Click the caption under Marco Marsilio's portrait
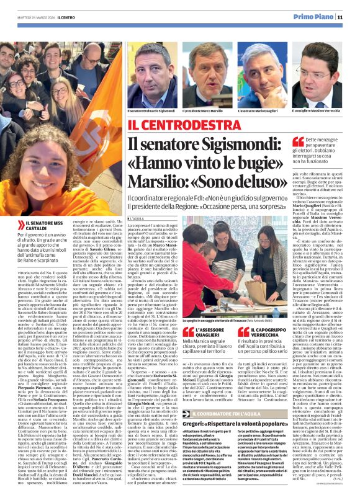tap(203, 110)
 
